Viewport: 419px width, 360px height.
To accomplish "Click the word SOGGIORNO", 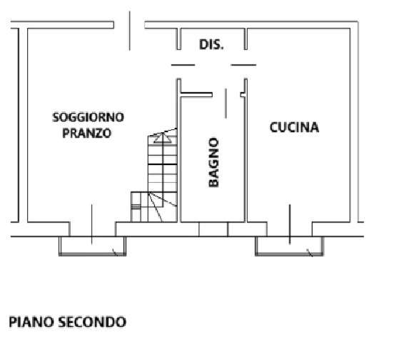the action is click(89, 117).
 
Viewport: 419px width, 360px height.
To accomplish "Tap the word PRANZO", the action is click(86, 133).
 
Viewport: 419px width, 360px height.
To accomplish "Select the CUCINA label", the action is click(294, 127).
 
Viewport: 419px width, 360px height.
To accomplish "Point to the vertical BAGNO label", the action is click(213, 162).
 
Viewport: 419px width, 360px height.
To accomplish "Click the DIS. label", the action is click(211, 45).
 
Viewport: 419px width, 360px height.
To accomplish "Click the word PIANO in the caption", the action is click(31, 321).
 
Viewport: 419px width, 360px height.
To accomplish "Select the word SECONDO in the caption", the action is click(92, 321).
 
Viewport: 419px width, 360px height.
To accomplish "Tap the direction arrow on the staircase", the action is click(163, 138).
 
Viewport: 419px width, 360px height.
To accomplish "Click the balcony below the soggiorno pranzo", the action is click(92, 246).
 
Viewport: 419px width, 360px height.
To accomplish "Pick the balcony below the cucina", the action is click(289, 246).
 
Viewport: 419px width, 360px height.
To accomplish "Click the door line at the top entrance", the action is click(130, 31).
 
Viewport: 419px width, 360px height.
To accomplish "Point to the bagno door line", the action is click(226, 104).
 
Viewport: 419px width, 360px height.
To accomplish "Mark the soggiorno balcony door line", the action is click(91, 224).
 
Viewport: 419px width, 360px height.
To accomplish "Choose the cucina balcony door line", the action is click(290, 224).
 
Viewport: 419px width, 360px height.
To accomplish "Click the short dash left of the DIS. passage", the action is click(183, 65).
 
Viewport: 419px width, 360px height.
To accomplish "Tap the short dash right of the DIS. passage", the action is click(243, 65).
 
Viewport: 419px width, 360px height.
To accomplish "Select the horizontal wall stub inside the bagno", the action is click(197, 95).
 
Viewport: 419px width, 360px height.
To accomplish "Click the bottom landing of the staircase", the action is click(153, 206).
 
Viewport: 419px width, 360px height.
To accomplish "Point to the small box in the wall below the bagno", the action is click(213, 229).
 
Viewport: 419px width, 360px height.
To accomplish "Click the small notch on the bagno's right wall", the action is click(243, 95).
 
